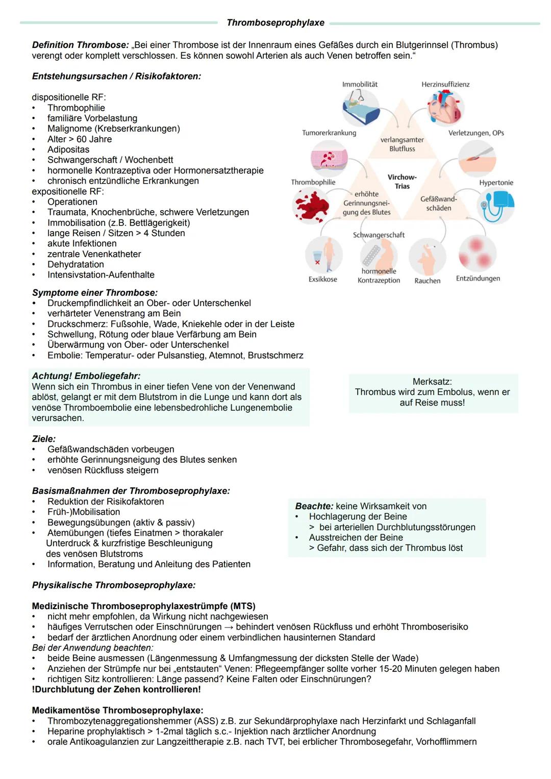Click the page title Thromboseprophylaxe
pyautogui.click(x=275, y=23)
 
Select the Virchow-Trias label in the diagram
pyautogui.click(x=402, y=182)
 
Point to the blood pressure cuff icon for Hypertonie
pyautogui.click(x=496, y=205)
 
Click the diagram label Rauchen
pyautogui.click(x=428, y=281)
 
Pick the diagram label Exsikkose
pyautogui.click(x=322, y=280)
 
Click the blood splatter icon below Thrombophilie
pyautogui.click(x=311, y=206)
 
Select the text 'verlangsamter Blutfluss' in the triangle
pyautogui.click(x=402, y=144)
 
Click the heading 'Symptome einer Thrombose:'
pyautogui.click(x=95, y=293)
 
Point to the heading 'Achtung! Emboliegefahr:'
pyautogui.click(x=86, y=376)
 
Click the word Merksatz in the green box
pyautogui.click(x=432, y=382)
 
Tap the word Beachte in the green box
pyautogui.click(x=314, y=506)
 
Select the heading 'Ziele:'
pyautogui.click(x=44, y=439)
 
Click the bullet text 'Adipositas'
pyautogui.click(x=68, y=149)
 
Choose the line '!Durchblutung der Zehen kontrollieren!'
pyautogui.click(x=116, y=690)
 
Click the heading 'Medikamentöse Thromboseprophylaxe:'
pyautogui.click(x=117, y=711)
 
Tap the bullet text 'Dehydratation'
pyautogui.click(x=76, y=264)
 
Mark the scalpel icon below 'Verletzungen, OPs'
pyautogui.click(x=477, y=158)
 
